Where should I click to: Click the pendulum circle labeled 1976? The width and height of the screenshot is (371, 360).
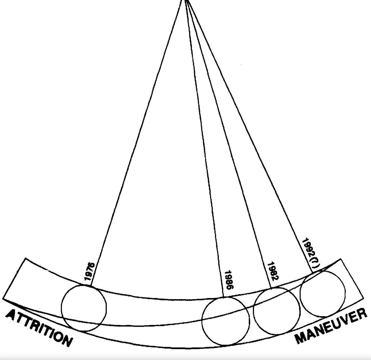coord(84,308)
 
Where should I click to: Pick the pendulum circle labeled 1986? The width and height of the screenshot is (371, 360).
coord(226,321)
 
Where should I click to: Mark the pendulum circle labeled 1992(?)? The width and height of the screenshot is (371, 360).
coord(323,294)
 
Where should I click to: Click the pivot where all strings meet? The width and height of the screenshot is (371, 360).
coord(185,1)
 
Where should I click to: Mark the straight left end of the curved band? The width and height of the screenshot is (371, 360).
coord(14,278)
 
